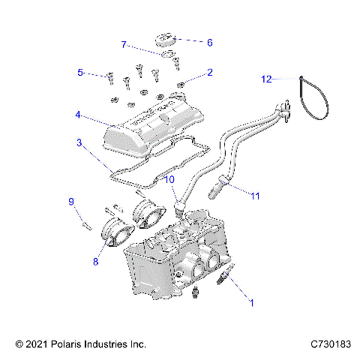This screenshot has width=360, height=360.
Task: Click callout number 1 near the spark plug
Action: (252, 303)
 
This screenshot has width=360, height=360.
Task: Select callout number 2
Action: (210, 73)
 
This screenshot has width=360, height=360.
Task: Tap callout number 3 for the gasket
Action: (79, 142)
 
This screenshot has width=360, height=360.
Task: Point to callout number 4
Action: (78, 115)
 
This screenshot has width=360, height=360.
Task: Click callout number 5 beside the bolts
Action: (79, 73)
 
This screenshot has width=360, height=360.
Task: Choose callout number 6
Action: (209, 43)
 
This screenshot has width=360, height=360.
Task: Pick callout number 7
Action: (124, 45)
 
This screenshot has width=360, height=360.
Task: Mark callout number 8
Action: (96, 262)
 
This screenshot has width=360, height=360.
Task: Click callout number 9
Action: (72, 201)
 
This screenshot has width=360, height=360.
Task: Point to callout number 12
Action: (266, 78)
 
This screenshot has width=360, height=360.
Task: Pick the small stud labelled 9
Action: (83, 223)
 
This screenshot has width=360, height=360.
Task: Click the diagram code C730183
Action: (330, 344)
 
